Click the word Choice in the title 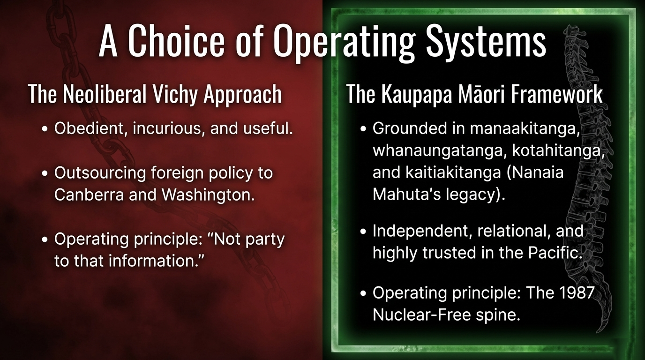(x=176, y=40)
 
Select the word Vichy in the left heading (x=175, y=95)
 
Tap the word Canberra (x=89, y=195)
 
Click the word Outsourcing (x=100, y=173)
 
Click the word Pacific (x=554, y=253)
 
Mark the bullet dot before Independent (x=363, y=231)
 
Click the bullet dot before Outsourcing (x=45, y=173)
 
